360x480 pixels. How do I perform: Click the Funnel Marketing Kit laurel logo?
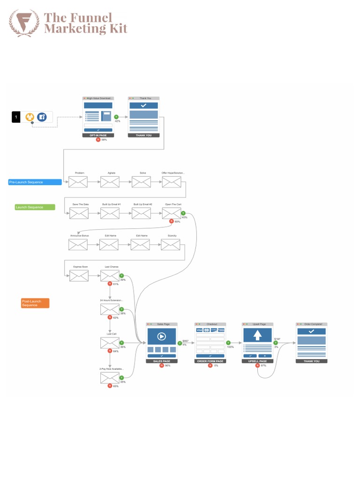[x=24, y=23]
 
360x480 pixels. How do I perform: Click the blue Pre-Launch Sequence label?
[x=35, y=182]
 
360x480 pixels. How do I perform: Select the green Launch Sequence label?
[x=35, y=207]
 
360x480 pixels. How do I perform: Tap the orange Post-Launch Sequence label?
[x=35, y=303]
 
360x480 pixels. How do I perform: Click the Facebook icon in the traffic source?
[x=42, y=117]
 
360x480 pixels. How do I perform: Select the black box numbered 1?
[x=16, y=117]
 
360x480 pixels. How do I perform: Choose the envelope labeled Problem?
[x=78, y=182]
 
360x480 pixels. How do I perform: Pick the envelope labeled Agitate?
[x=110, y=182]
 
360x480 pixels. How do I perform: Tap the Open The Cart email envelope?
[x=172, y=214]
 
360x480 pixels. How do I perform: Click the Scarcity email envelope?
[x=171, y=245]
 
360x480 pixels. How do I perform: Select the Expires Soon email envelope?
[x=79, y=276]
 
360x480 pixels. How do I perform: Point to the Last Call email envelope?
[x=110, y=344]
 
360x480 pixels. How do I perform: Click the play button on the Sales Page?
[x=161, y=336]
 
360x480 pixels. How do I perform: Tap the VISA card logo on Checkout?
[x=199, y=330]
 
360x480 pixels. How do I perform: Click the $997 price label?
[x=185, y=341]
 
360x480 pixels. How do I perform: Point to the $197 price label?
[x=277, y=339]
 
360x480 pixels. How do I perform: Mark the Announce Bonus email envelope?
[x=78, y=245]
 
